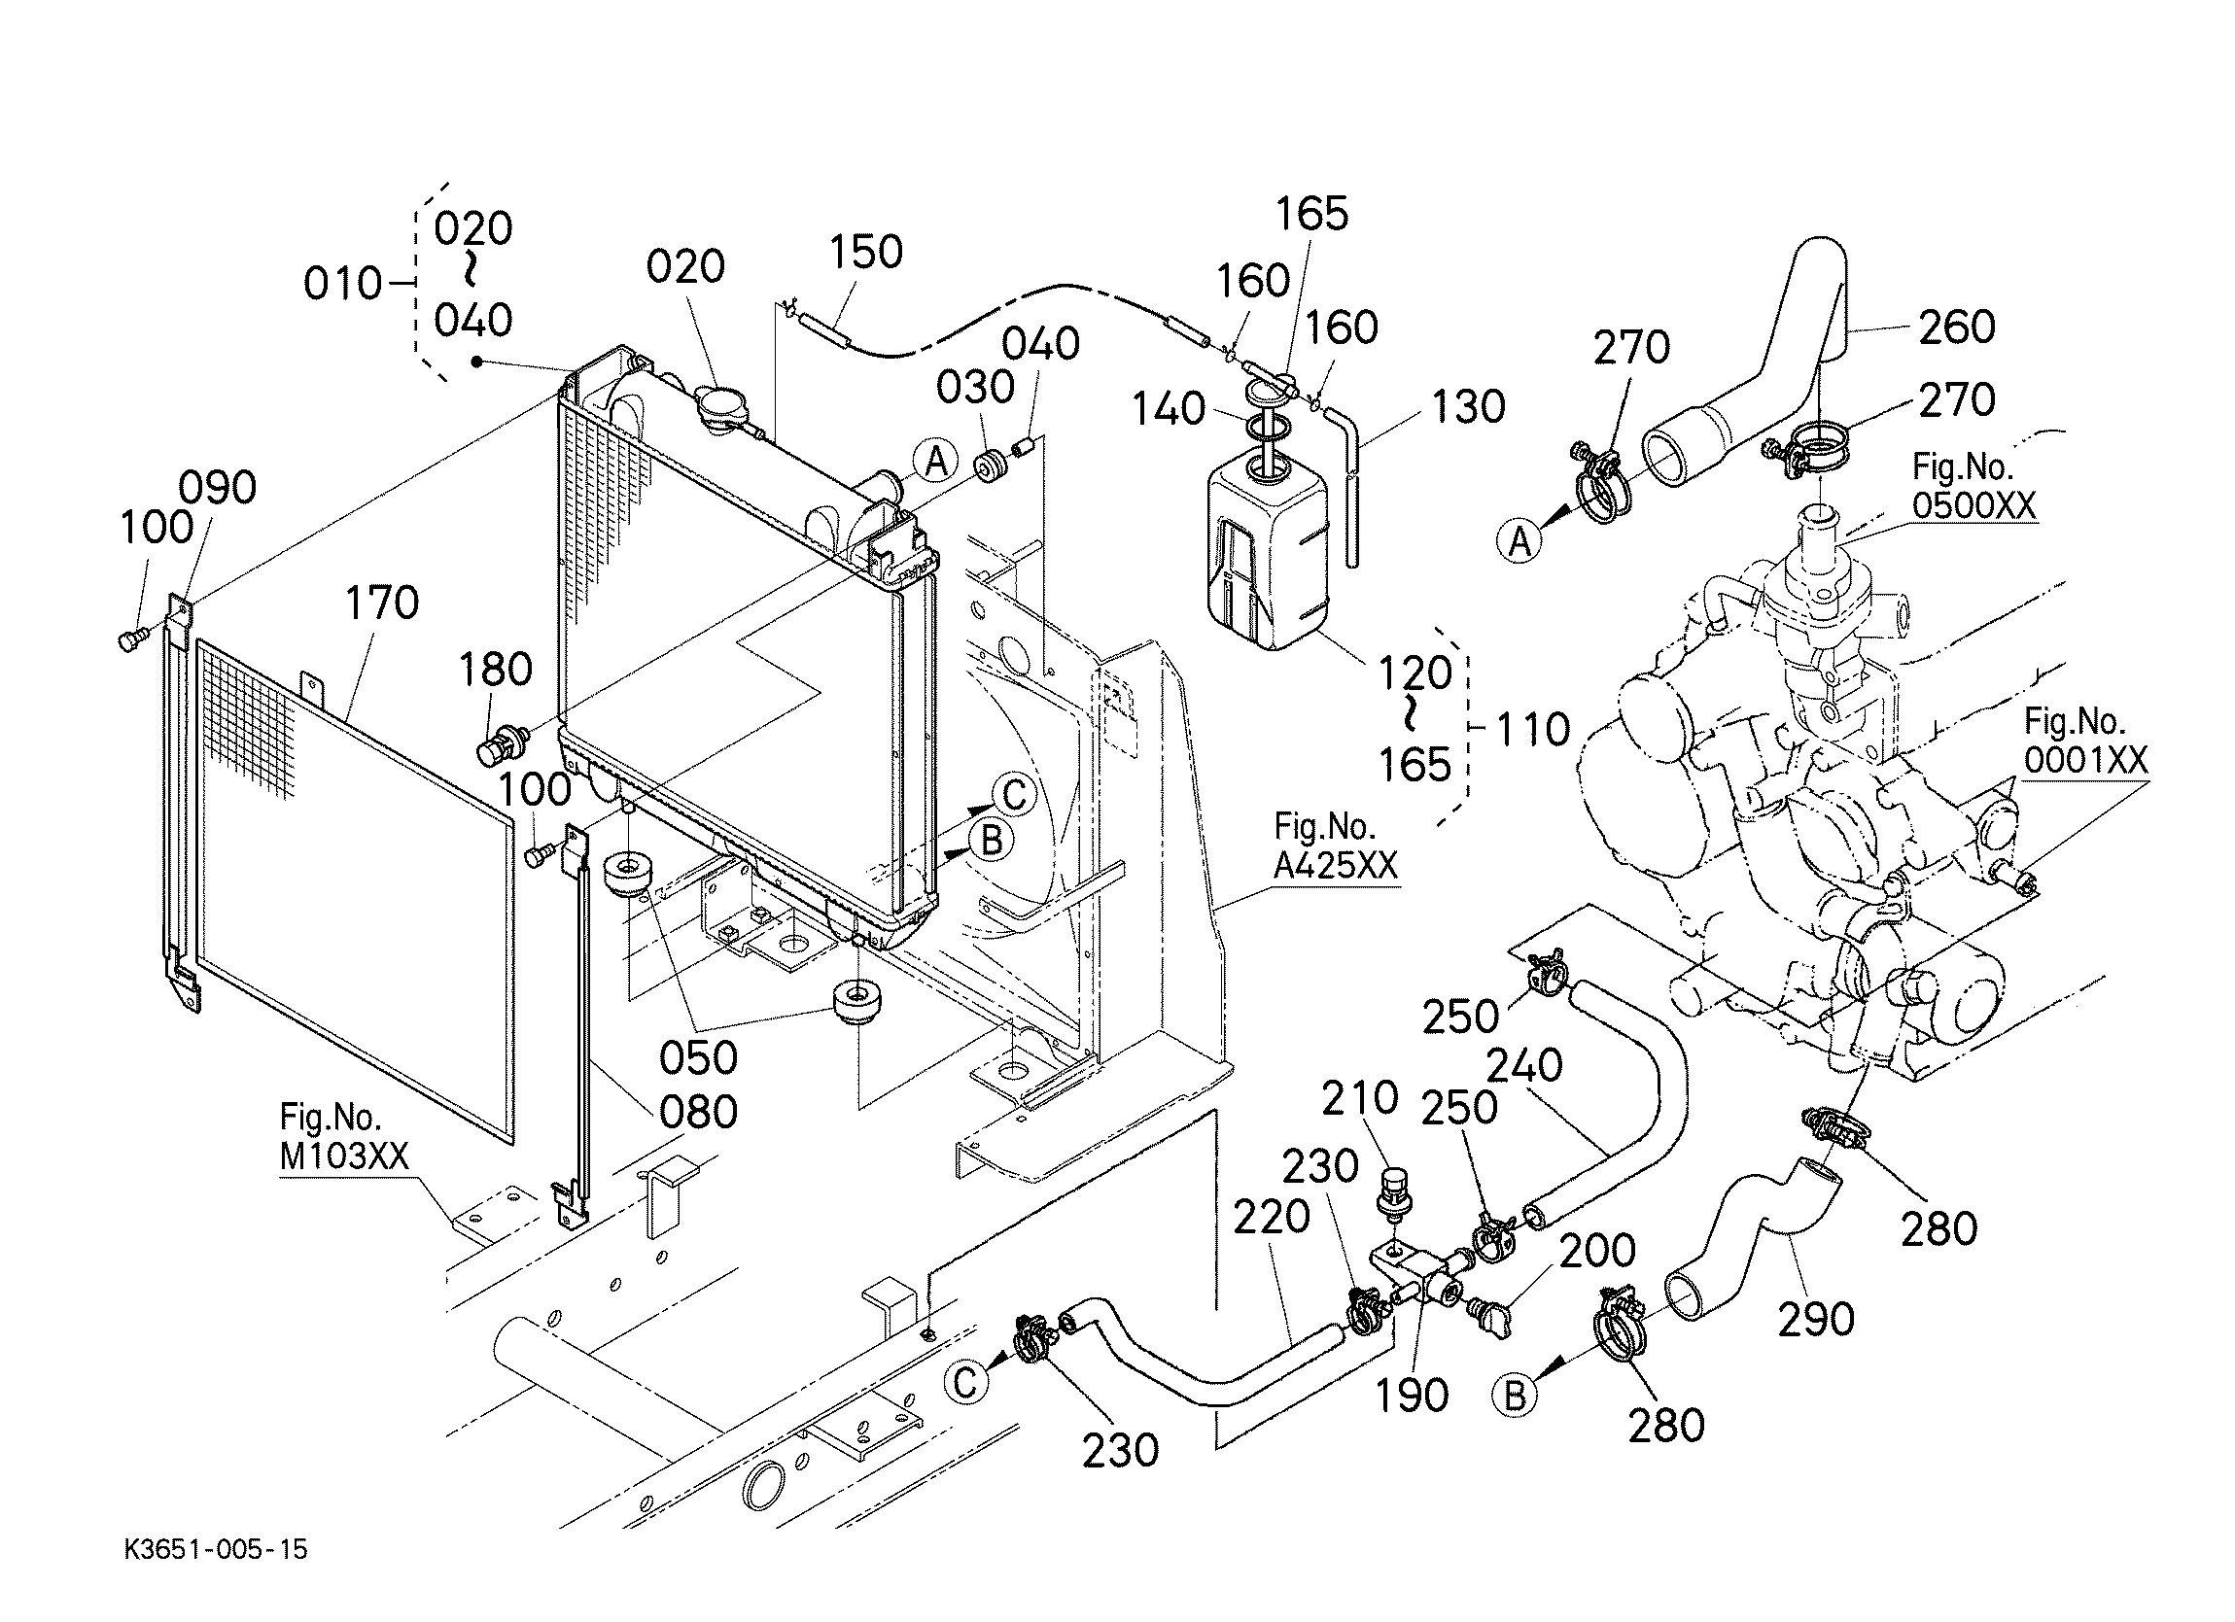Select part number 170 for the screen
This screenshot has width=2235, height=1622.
381,604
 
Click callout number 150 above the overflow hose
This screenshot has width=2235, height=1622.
865,253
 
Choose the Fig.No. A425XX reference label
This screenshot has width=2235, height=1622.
1336,846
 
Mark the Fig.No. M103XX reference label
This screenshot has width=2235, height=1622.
344,1136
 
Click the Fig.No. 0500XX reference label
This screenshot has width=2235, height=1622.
1973,485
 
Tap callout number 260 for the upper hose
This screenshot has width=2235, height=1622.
1956,328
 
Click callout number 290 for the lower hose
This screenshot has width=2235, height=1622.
1816,1319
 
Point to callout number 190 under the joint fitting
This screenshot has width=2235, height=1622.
1412,1395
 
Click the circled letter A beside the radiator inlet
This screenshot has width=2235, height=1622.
935,461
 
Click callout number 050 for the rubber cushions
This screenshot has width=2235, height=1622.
698,1057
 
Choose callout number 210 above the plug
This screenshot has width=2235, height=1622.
1360,1097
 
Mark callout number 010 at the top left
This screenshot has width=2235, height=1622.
342,284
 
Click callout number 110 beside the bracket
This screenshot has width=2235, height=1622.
1533,730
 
